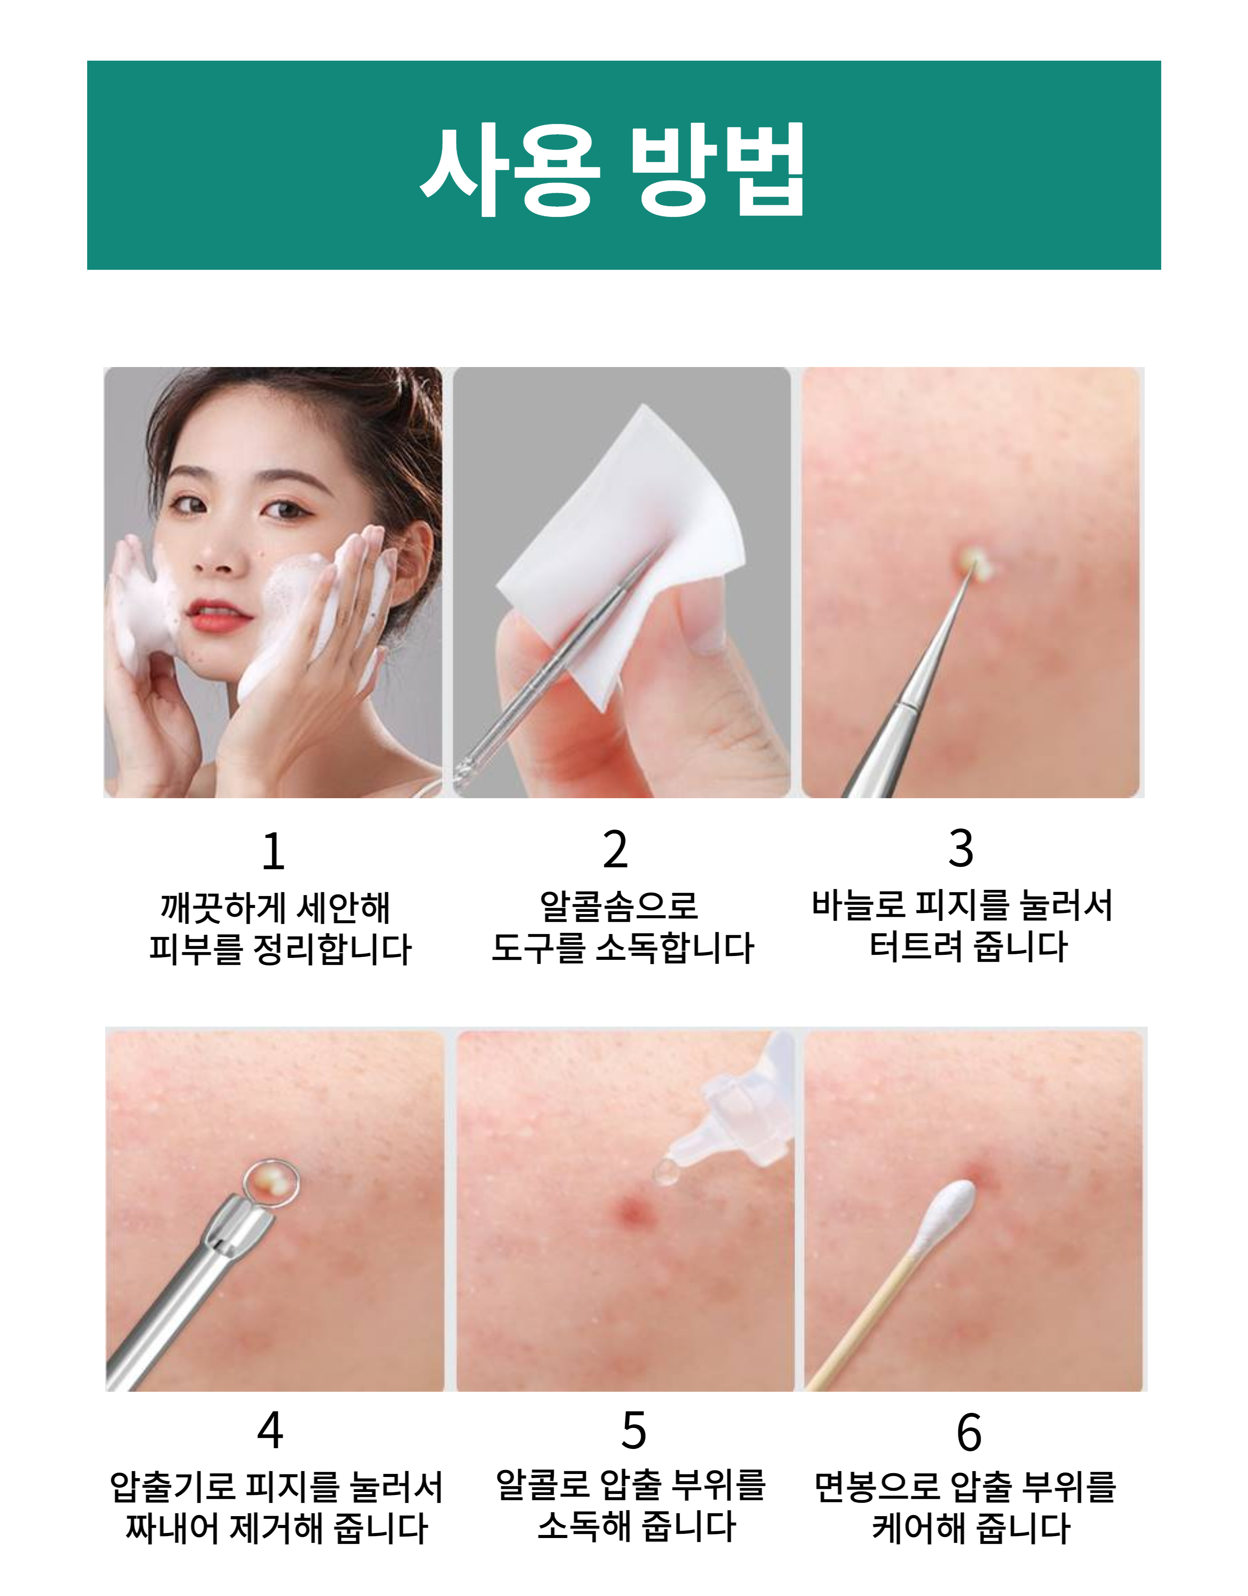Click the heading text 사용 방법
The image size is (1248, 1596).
click(612, 170)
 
